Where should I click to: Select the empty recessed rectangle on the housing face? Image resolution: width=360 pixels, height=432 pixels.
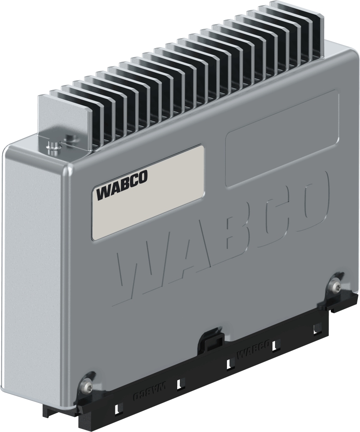click(281, 137)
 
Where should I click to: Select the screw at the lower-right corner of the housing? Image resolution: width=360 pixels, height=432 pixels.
click(335, 284)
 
